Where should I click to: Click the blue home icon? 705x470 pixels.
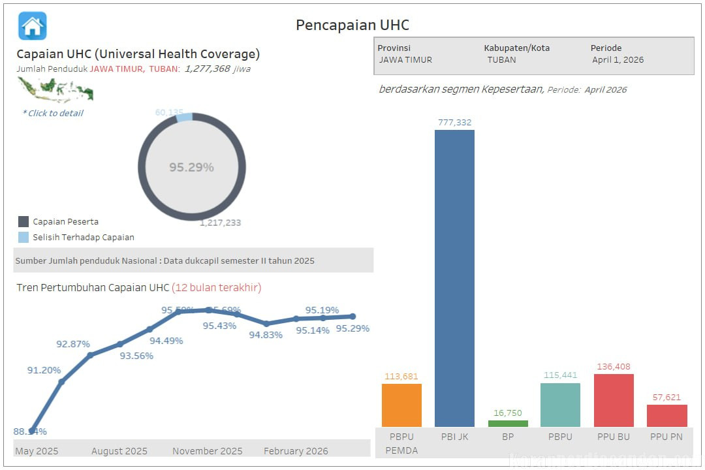point(33,26)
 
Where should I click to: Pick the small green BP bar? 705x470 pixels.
point(508,424)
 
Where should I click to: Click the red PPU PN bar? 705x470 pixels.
point(666,416)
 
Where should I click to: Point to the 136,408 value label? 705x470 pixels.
point(613,367)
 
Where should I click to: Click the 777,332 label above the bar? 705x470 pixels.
point(455,122)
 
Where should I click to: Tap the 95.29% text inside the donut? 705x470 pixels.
point(191,167)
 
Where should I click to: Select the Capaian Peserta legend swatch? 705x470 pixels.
point(23,222)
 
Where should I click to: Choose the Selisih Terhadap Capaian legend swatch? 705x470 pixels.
point(23,238)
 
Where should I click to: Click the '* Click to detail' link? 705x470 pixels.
point(53,113)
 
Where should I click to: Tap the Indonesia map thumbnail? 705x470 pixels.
point(55,89)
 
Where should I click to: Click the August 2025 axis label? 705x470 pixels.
point(119,451)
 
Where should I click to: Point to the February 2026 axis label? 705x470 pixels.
point(296,451)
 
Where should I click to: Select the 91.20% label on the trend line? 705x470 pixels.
point(44,370)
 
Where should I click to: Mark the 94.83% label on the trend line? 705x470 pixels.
point(266,335)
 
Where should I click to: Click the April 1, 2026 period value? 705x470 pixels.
point(618,59)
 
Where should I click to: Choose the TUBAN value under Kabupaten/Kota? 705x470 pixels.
point(501,59)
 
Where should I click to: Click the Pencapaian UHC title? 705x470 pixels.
point(352,25)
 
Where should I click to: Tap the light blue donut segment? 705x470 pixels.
point(185,117)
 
